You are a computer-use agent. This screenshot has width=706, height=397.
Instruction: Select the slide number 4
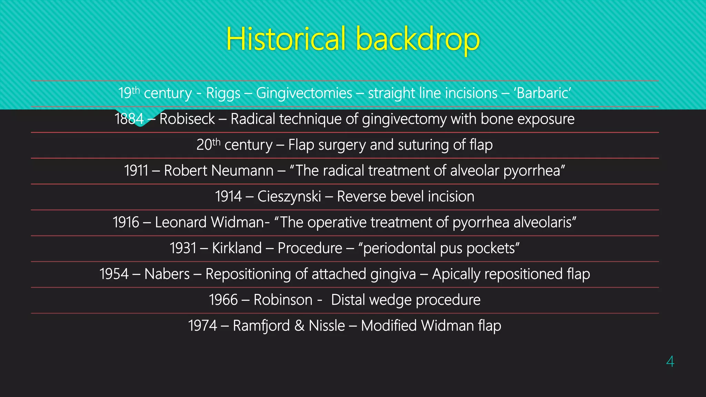670,362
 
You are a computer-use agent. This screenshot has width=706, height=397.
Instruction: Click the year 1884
129,119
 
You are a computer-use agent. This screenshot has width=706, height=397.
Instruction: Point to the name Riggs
223,93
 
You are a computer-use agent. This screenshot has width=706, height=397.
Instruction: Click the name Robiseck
187,119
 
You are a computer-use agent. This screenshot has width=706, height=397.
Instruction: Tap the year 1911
136,171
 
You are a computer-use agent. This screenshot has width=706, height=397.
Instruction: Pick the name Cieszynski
289,196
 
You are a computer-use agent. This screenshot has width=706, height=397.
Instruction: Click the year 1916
126,222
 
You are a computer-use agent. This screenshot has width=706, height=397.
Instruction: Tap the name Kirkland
237,248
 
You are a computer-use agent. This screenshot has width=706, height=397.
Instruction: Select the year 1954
114,274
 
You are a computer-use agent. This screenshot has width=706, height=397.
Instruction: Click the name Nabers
167,274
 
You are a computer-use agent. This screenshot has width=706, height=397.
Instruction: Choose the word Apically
456,274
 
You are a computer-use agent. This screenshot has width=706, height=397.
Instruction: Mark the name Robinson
283,300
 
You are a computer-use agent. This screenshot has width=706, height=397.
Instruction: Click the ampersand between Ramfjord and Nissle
299,326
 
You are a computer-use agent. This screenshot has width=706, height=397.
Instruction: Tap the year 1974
202,326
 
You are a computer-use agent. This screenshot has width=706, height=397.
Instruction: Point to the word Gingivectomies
304,93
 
